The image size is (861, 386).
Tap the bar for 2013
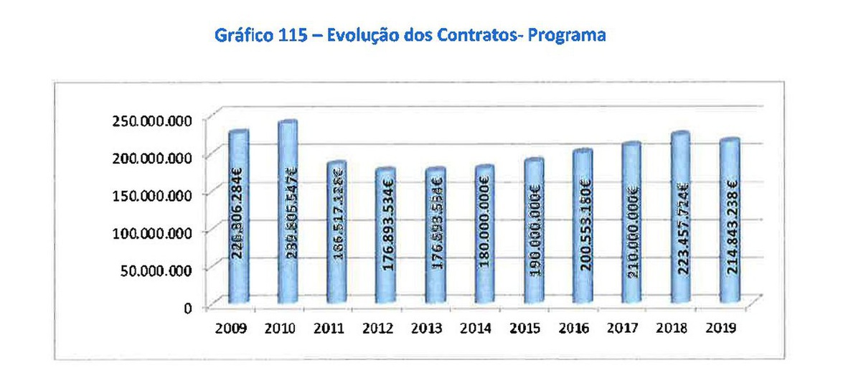[x=436, y=237]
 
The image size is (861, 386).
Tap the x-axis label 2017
[x=623, y=329]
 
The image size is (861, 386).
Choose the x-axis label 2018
[x=672, y=329]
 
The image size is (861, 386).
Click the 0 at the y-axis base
[x=187, y=308]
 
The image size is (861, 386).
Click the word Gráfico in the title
[x=243, y=35]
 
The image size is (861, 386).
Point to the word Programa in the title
[x=567, y=35]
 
